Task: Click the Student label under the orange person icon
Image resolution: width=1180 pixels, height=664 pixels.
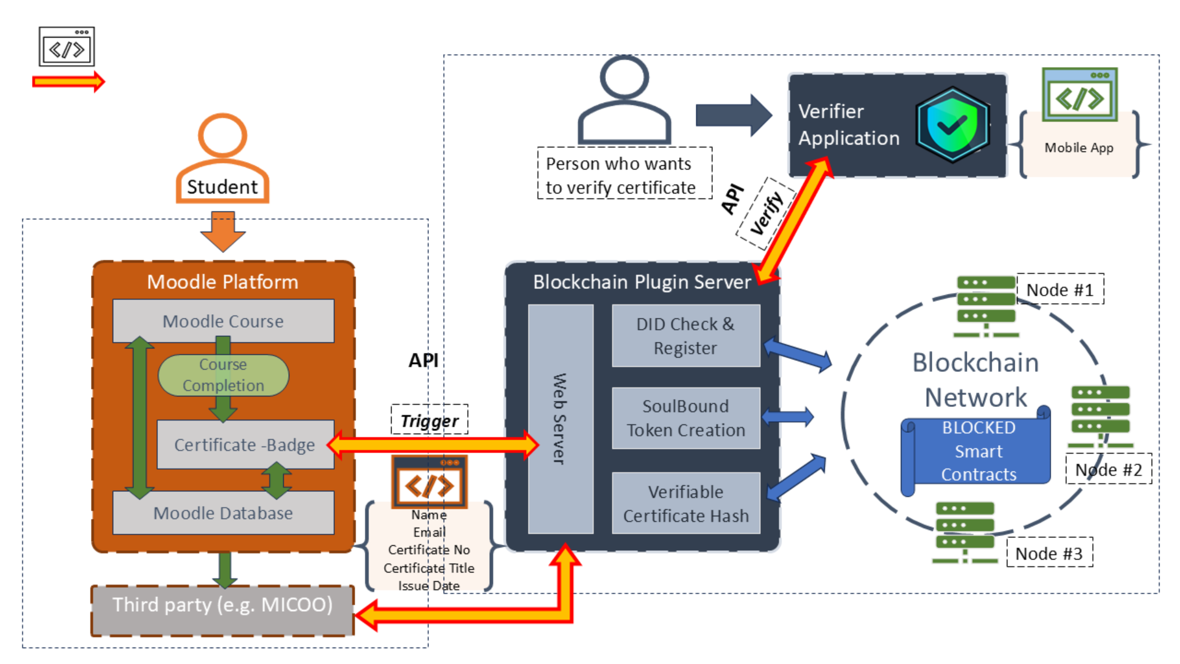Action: coord(222,187)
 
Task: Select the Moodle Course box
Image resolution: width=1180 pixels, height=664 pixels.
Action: coord(223,321)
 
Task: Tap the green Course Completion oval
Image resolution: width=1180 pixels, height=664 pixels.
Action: coord(223,375)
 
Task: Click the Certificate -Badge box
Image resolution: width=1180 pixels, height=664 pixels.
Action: coord(245,445)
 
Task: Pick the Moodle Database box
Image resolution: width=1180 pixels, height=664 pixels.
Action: coord(223,513)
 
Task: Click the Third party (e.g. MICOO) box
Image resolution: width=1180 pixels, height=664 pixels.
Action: coord(222,606)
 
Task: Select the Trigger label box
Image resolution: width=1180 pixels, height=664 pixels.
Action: coord(429,421)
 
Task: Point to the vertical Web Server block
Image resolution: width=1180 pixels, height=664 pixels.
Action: coord(560,419)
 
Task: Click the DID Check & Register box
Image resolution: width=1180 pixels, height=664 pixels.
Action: coord(685,336)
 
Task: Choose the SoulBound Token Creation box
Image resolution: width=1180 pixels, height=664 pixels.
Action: coord(685,418)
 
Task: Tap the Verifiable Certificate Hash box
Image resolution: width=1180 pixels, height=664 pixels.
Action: coord(685,504)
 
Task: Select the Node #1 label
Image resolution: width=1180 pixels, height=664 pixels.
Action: coord(1060,290)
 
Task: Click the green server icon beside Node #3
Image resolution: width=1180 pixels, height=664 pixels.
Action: coord(965,532)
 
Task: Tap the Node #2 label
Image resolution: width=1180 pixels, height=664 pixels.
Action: coord(1108,470)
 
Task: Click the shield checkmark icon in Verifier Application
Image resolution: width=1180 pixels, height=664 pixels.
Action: coord(951,125)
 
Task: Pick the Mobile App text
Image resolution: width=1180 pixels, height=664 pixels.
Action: coord(1079,148)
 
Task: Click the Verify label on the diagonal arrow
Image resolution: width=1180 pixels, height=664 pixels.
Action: coord(766,213)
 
